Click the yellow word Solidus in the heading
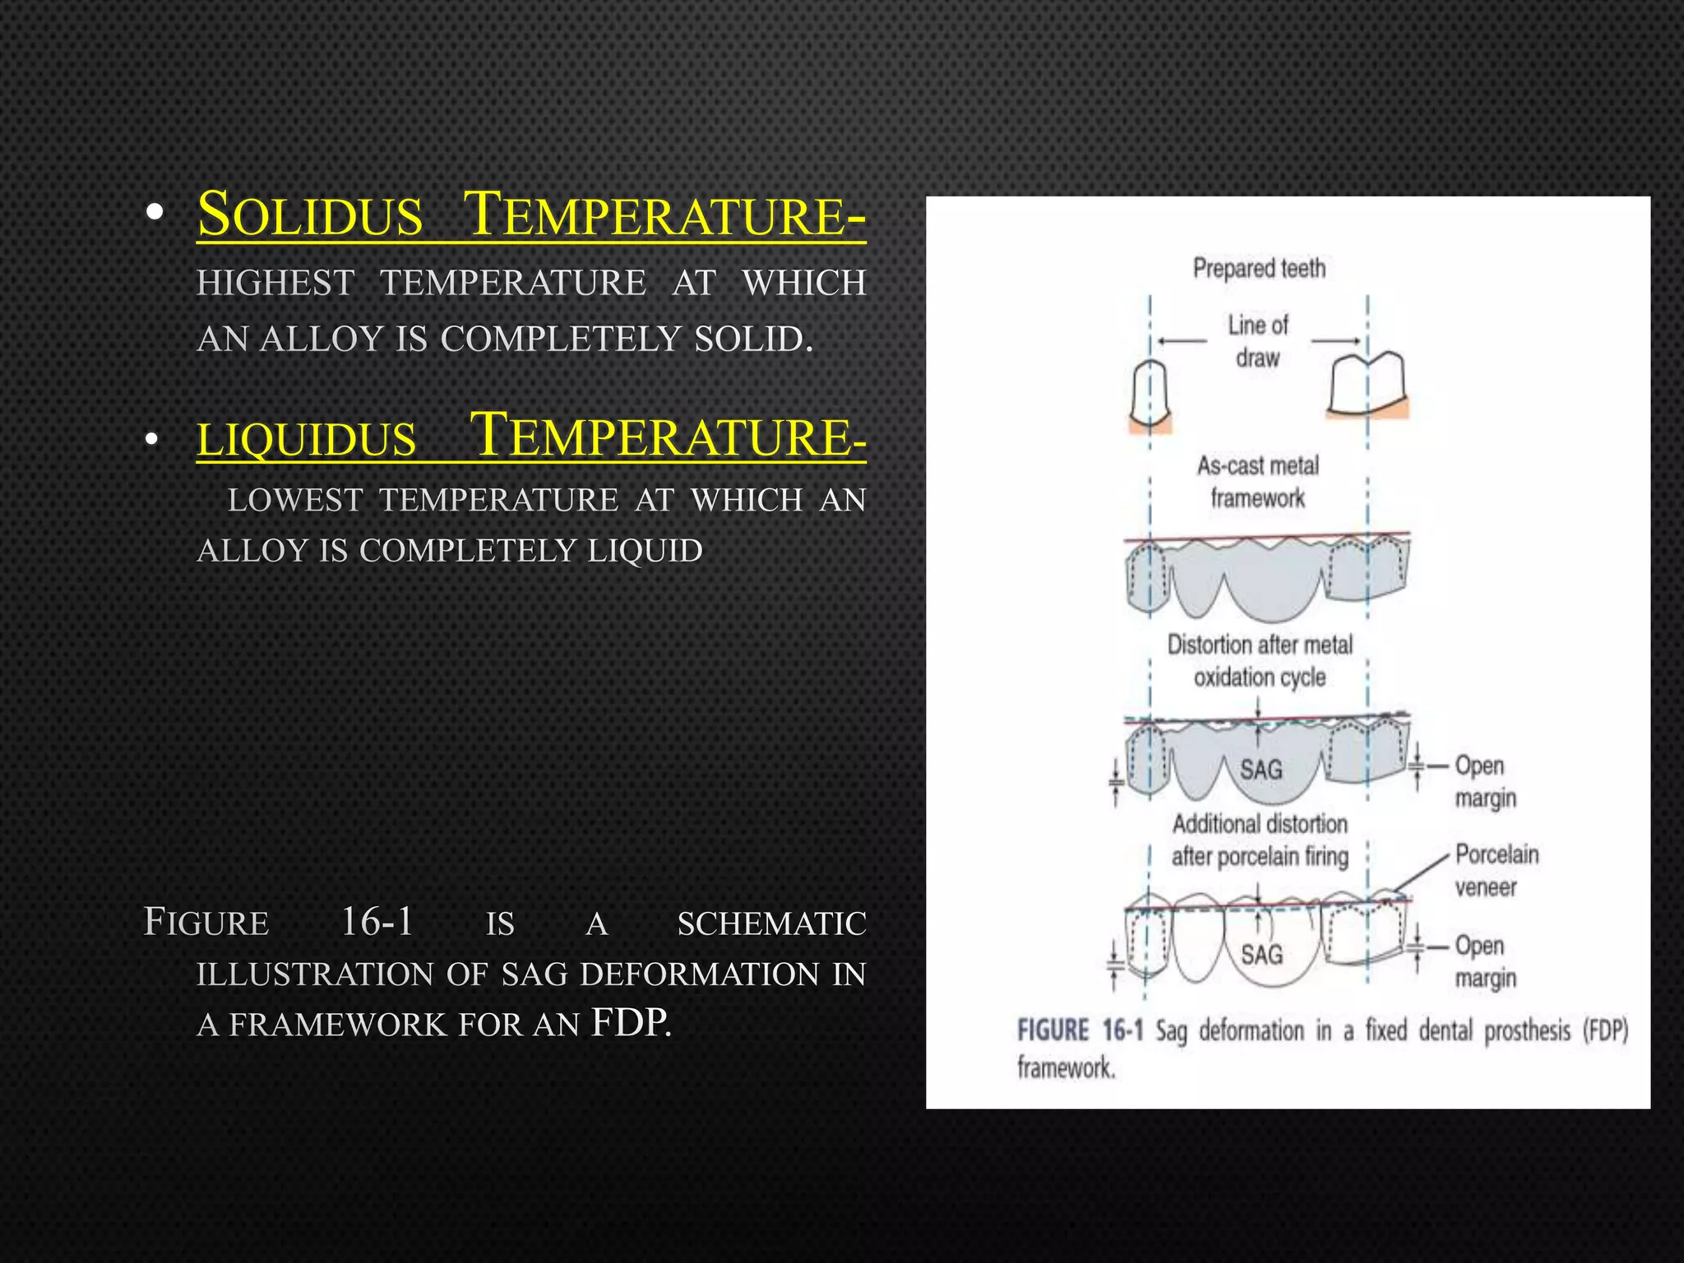tap(310, 215)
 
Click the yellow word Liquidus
tap(307, 438)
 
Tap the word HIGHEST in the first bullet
tap(275, 284)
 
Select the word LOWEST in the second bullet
tap(295, 500)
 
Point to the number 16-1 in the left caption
tap(377, 922)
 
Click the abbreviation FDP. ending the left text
tap(631, 1024)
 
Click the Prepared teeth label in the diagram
tap(1259, 269)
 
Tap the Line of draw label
tap(1258, 341)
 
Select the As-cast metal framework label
tap(1258, 482)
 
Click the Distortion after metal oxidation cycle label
tap(1260, 661)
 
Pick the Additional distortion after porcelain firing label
tap(1260, 840)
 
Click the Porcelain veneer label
tap(1496, 871)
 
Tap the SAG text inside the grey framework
tap(1261, 770)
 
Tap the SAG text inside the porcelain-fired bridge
tap(1261, 955)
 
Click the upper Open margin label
tap(1484, 781)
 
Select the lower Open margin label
tap(1484, 961)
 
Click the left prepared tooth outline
tap(1150, 393)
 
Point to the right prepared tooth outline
tap(1367, 385)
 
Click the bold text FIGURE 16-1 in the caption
tap(1080, 1030)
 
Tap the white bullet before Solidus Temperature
tap(153, 215)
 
